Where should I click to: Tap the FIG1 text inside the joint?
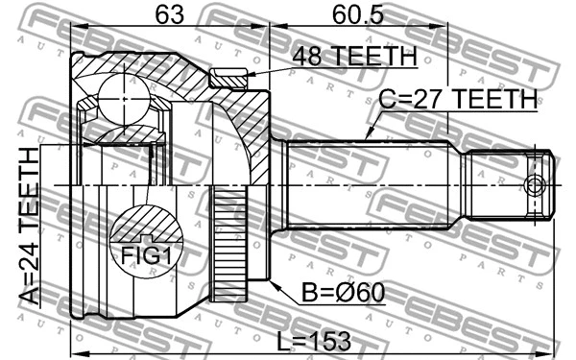(147, 255)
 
